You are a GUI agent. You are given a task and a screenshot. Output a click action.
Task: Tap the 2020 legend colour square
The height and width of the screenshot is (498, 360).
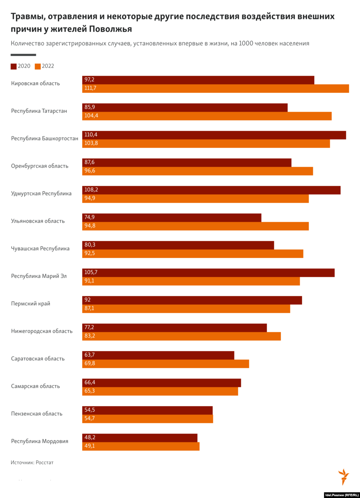pyautogui.click(x=14, y=66)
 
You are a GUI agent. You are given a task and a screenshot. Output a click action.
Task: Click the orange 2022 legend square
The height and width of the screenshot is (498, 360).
pyautogui.click(x=38, y=66)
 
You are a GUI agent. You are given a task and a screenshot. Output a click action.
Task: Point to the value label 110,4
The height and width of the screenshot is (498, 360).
pyautogui.click(x=91, y=135)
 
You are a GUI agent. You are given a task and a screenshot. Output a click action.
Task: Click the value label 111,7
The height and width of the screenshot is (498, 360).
pyautogui.click(x=90, y=88)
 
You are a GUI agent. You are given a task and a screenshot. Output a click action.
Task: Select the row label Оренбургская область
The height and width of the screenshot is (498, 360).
pyautogui.click(x=40, y=166)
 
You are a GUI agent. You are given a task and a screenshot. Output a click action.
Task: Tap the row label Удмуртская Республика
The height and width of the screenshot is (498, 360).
pyautogui.click(x=41, y=194)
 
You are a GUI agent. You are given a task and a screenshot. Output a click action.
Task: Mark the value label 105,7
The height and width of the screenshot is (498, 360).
pyautogui.click(x=91, y=272)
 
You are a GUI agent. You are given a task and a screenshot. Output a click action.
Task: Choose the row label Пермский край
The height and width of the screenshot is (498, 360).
pyautogui.click(x=31, y=304)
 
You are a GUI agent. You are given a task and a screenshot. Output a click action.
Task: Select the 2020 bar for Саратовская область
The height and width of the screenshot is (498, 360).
pyautogui.click(x=158, y=355)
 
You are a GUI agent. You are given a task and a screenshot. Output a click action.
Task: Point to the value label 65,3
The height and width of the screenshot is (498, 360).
pyautogui.click(x=89, y=391)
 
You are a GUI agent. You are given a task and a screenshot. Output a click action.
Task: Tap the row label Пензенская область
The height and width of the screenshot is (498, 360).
pyautogui.click(x=37, y=414)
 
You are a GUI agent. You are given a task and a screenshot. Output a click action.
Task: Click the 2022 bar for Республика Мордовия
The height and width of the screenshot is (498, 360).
pyautogui.click(x=141, y=446)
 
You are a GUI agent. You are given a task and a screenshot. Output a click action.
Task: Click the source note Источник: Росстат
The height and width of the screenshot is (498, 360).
pyautogui.click(x=32, y=463)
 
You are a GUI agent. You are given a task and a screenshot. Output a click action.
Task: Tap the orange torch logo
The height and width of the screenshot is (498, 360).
pyautogui.click(x=343, y=477)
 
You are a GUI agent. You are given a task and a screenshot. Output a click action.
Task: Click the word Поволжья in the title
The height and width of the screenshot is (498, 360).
pyautogui.click(x=110, y=29)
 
